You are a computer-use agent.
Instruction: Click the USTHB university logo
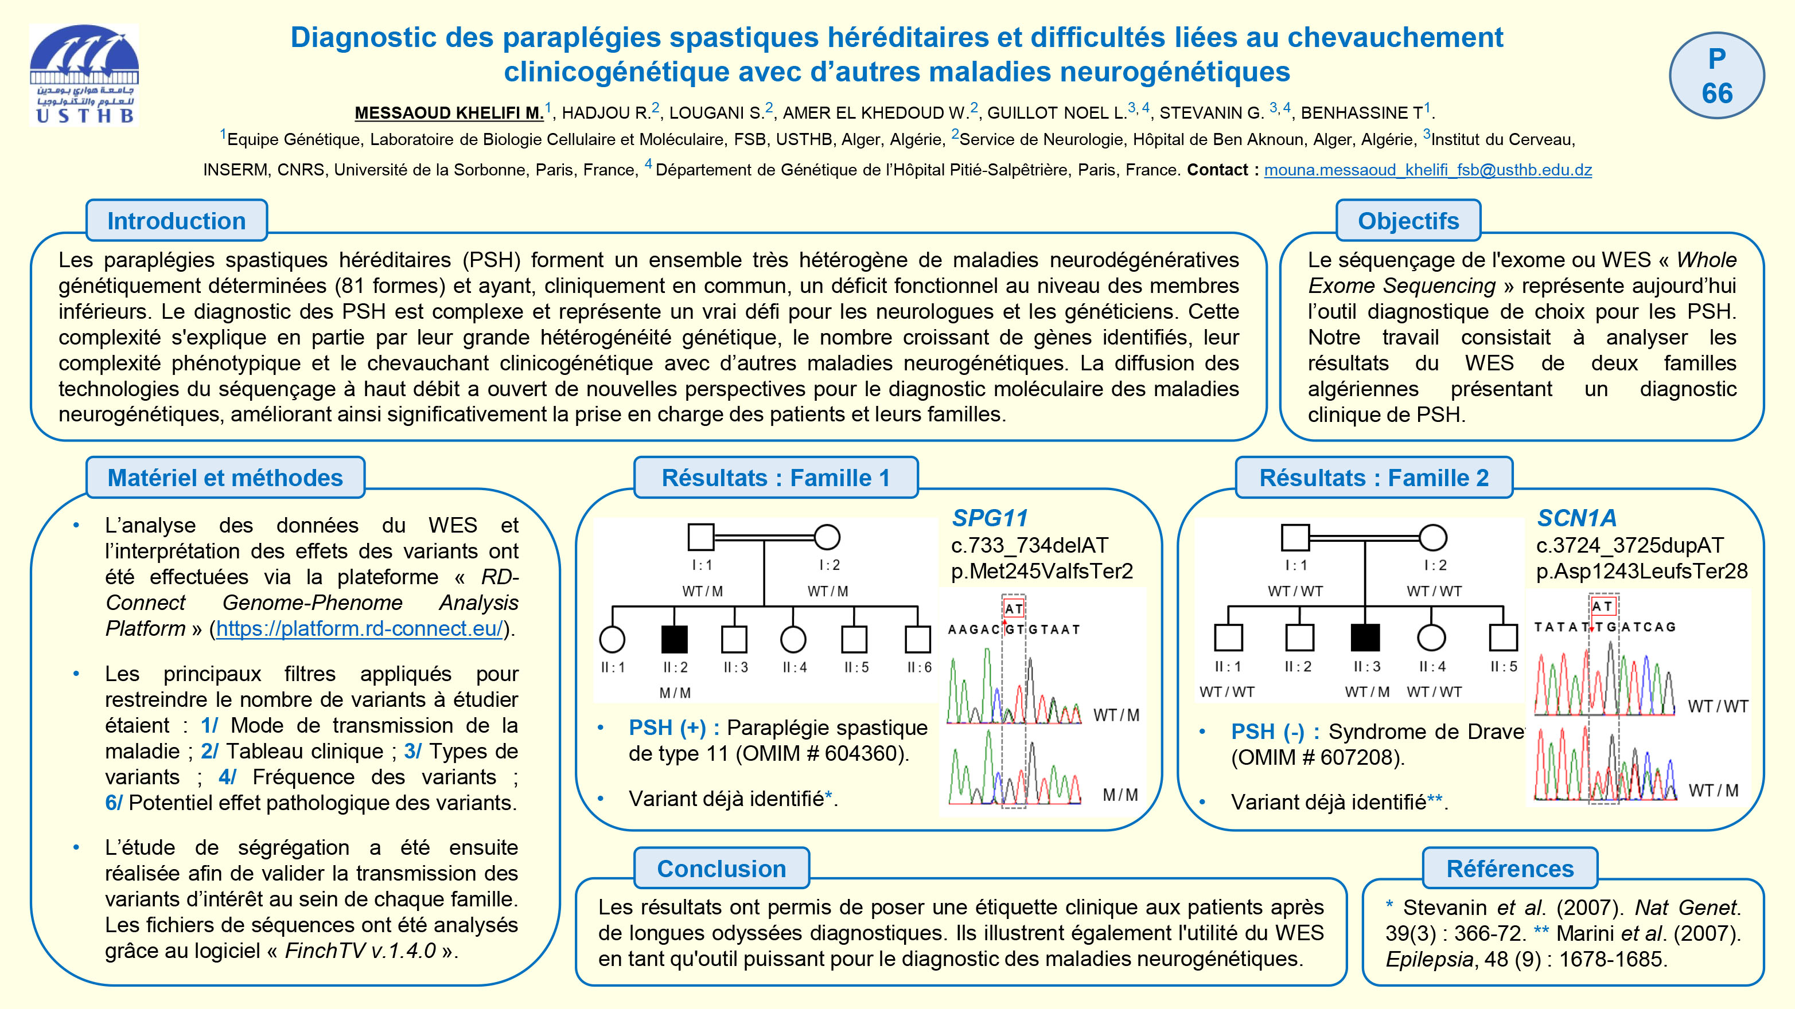tap(84, 74)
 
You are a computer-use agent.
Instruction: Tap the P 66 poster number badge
tap(1716, 75)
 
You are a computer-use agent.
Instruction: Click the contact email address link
tap(1427, 170)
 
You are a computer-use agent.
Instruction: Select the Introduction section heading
tap(176, 221)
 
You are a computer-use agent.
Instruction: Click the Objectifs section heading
tap(1408, 221)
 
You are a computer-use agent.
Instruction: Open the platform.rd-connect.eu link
tap(359, 628)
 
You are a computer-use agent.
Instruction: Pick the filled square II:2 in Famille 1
tap(674, 639)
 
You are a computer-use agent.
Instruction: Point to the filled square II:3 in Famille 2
tap(1365, 637)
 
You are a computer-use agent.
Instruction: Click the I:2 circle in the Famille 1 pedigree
tap(827, 537)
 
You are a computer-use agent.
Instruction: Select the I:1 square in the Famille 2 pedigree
tap(1295, 537)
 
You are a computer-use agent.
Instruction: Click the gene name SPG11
tap(990, 518)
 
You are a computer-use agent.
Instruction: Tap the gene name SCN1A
tap(1576, 518)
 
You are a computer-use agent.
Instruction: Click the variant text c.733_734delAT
tap(1029, 545)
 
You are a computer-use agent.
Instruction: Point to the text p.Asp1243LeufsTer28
tap(1641, 571)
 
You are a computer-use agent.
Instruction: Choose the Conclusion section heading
tap(721, 869)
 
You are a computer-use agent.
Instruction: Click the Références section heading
tap(1509, 869)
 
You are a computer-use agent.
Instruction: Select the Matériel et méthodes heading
tap(225, 478)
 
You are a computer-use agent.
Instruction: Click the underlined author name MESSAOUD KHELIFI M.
tap(449, 113)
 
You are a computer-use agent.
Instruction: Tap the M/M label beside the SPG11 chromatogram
tap(1120, 795)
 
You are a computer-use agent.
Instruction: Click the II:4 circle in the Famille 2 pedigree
tap(1431, 637)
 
